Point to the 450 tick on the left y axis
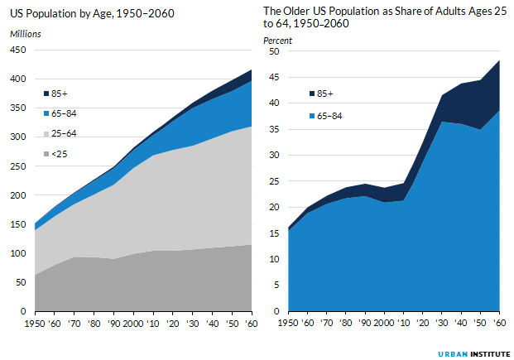coord(18,50)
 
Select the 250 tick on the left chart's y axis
coord(18,166)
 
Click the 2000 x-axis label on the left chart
coord(133,322)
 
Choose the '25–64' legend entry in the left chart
coord(64,133)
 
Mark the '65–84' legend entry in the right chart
coord(329,116)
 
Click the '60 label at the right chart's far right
coord(497,322)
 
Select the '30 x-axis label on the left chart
coord(193,322)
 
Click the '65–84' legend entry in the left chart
coord(64,113)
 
